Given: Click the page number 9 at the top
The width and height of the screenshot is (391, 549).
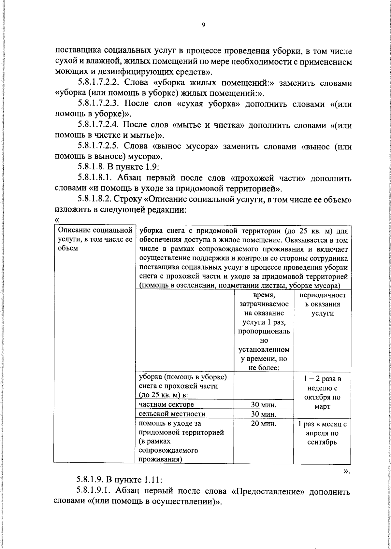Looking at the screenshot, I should point(203,25).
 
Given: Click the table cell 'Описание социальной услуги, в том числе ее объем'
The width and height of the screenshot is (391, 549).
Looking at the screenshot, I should point(95,239).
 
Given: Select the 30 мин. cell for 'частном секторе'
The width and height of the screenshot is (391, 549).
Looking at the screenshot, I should point(264,405).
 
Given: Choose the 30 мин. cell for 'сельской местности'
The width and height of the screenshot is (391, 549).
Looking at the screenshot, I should point(264,414).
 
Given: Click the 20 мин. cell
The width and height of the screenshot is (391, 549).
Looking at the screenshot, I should point(264,424).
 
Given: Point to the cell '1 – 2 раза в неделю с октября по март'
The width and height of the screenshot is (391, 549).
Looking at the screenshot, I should point(322,393).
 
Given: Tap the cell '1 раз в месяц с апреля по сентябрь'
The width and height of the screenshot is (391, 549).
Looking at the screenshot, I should point(322,433).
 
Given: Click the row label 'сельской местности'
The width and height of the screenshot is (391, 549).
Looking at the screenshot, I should point(172,414).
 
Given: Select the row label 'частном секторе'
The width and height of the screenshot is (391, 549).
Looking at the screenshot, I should point(166,405).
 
